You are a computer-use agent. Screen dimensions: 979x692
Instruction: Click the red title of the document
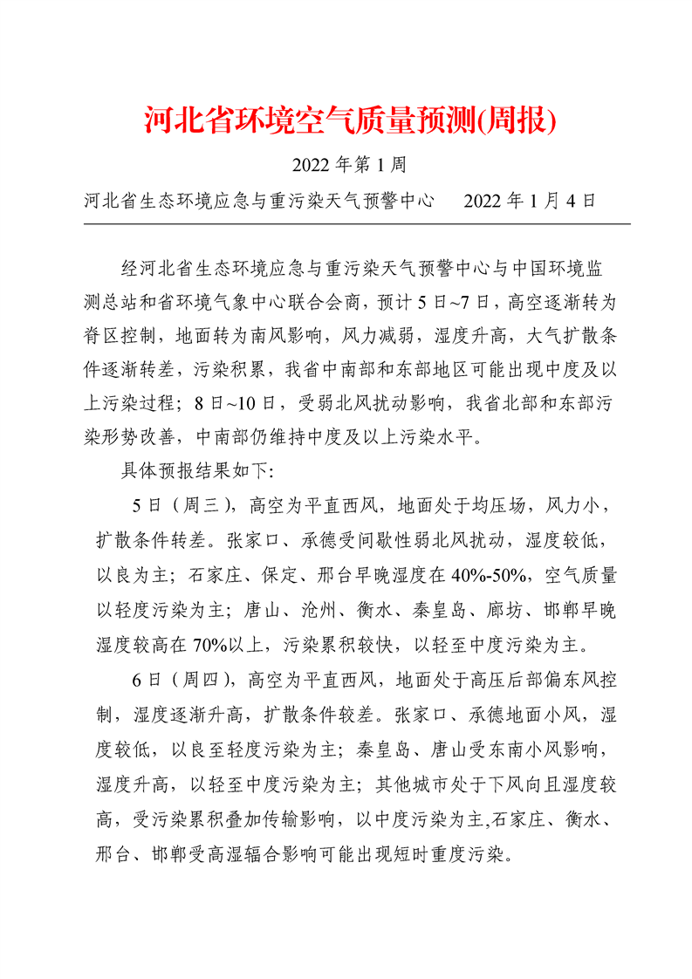pos(349,121)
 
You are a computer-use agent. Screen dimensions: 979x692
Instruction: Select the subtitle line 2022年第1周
pos(346,164)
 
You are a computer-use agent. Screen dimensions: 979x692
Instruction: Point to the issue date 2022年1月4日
pos(530,201)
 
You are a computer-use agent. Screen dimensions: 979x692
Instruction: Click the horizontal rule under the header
pos(356,224)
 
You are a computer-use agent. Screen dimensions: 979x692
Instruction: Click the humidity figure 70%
pos(206,644)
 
